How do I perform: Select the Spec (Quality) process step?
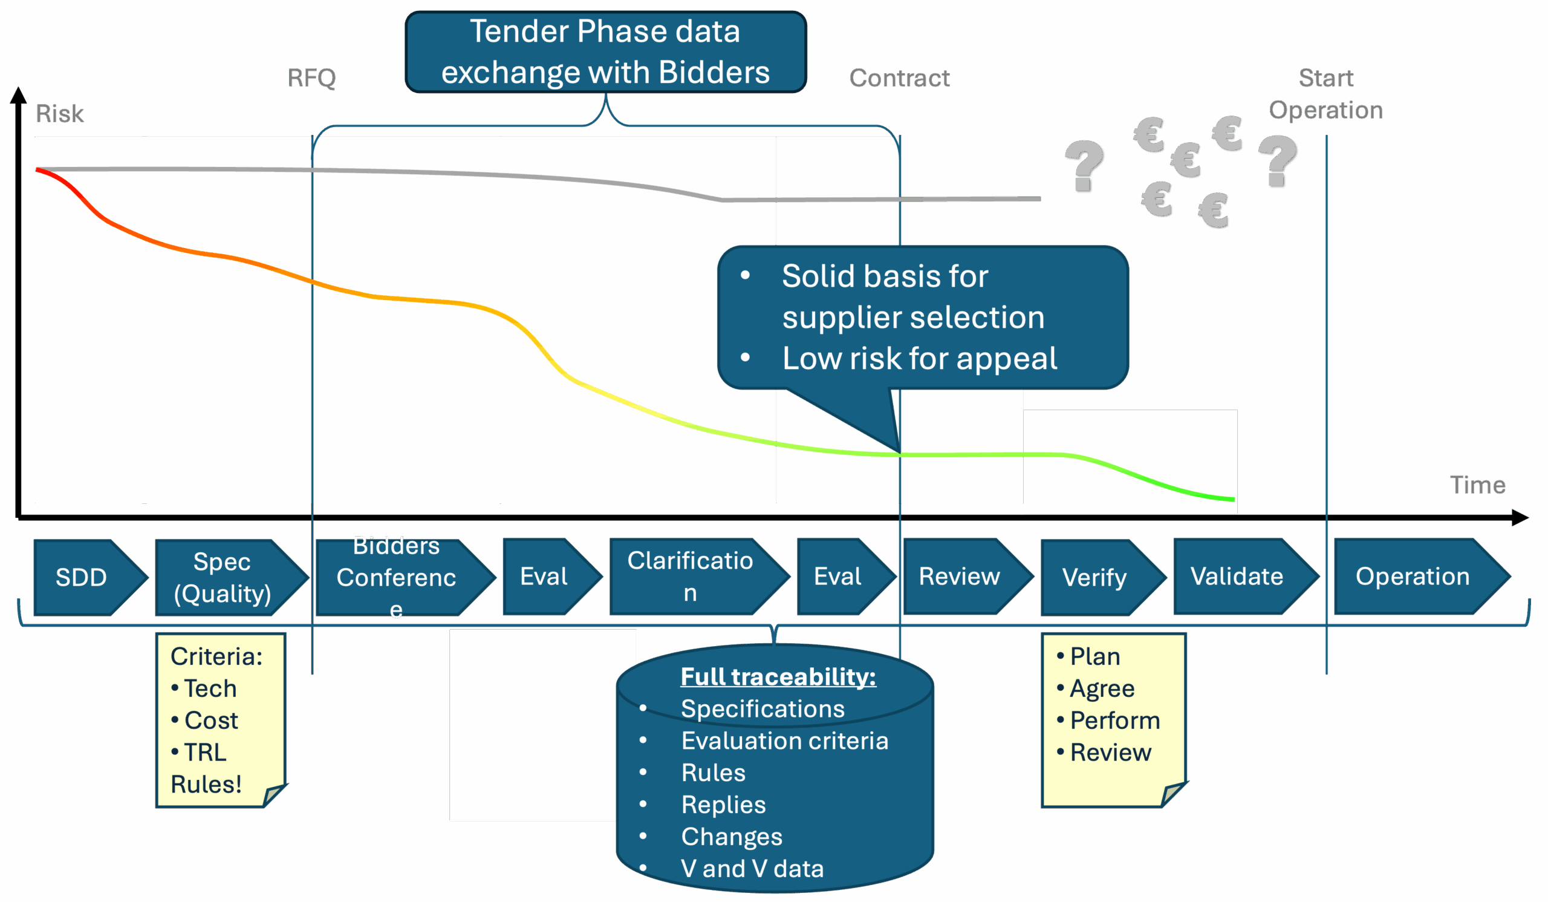223,577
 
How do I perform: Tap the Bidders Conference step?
396,577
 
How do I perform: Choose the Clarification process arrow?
691,577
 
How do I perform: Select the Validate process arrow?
1237,577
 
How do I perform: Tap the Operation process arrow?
1413,577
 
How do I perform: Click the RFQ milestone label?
312,78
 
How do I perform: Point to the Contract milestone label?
899,78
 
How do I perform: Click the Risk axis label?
60,114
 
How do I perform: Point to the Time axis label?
1478,485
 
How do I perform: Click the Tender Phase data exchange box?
606,52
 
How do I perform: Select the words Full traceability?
778,676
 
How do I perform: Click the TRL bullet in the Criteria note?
205,752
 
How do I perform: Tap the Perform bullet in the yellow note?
1115,720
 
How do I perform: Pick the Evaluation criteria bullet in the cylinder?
784,740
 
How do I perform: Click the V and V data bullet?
752,868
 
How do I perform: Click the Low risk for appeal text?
920,358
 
